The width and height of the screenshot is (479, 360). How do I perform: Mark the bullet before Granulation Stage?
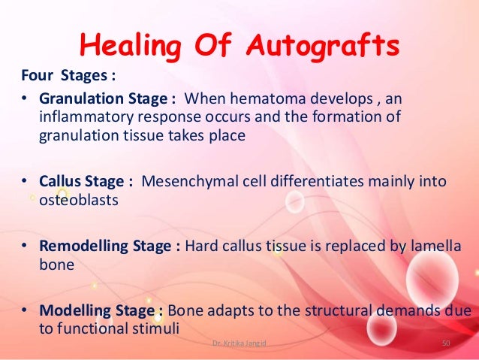coord(24,101)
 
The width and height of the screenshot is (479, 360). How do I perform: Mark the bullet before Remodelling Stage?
coord(24,246)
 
